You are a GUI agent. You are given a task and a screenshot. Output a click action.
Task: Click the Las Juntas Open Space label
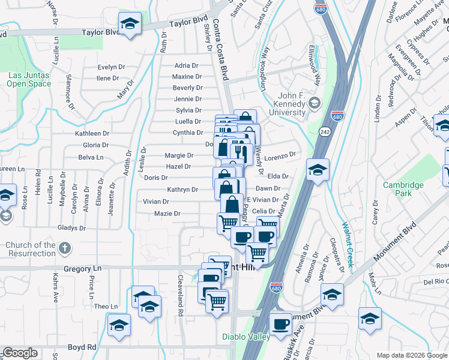[29, 80]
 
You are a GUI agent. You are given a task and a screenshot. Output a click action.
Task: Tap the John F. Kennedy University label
[292, 104]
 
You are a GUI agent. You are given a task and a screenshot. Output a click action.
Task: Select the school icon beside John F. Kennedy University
[314, 104]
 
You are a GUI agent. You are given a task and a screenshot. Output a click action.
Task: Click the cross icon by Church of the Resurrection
[65, 247]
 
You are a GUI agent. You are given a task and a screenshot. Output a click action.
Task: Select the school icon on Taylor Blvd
[129, 25]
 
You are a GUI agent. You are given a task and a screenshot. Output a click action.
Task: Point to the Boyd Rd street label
[82, 347]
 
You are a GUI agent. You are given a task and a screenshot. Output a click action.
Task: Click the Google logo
[20, 353]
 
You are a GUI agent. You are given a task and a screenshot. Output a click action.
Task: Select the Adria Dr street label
[186, 65]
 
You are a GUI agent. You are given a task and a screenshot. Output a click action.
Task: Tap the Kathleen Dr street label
[92, 133]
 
